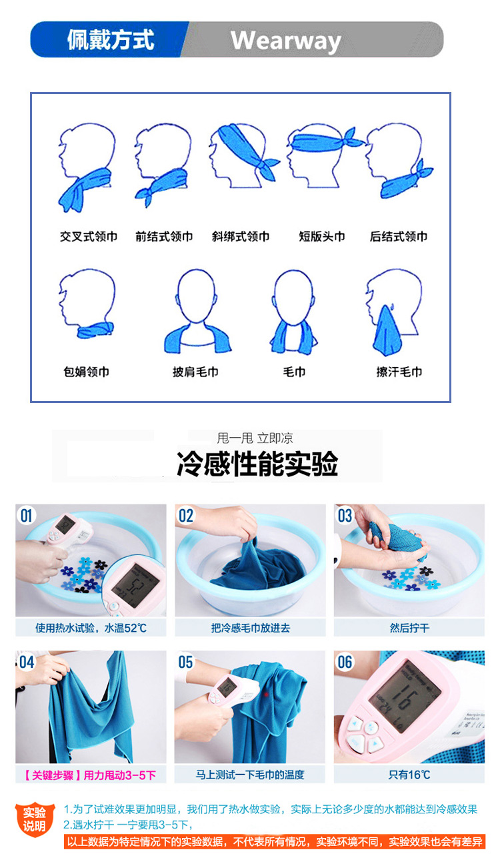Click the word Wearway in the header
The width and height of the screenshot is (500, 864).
pos(285,41)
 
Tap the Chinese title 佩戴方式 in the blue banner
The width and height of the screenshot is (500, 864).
pos(111,40)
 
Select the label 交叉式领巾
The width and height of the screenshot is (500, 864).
pos(89,236)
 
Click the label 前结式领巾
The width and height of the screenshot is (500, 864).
pos(164,236)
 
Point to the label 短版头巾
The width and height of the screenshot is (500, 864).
pos(322,236)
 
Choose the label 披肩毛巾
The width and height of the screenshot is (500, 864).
pos(195,372)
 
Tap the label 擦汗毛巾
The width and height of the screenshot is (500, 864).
pos(399,372)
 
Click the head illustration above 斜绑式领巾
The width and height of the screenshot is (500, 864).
pos(243,156)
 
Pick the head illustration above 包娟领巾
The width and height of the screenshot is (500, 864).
pos(87,304)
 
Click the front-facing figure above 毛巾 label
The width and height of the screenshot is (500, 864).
pos(294,312)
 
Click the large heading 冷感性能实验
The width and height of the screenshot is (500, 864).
pos(257,463)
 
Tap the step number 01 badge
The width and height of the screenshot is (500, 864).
pos(26,516)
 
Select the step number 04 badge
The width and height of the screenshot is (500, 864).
pos(26,663)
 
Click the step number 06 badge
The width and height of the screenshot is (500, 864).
pos(345,663)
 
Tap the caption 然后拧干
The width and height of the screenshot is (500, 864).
pos(409,628)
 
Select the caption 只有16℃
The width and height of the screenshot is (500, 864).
pos(409,775)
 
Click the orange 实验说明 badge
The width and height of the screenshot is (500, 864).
pos(34,820)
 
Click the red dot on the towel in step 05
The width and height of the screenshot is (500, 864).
pos(266,695)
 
